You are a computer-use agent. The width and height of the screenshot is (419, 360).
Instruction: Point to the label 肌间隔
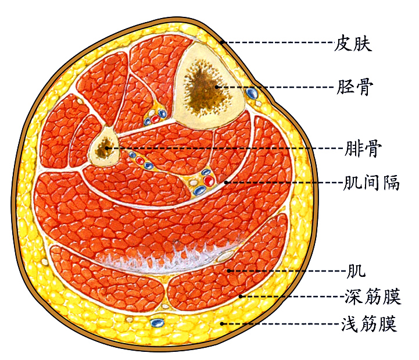(x=371, y=183)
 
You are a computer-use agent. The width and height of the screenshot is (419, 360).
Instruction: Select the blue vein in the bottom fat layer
(x=156, y=322)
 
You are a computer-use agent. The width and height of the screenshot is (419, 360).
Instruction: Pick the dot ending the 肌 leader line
(x=230, y=270)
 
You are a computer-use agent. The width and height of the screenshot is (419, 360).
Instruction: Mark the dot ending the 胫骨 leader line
(x=217, y=87)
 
